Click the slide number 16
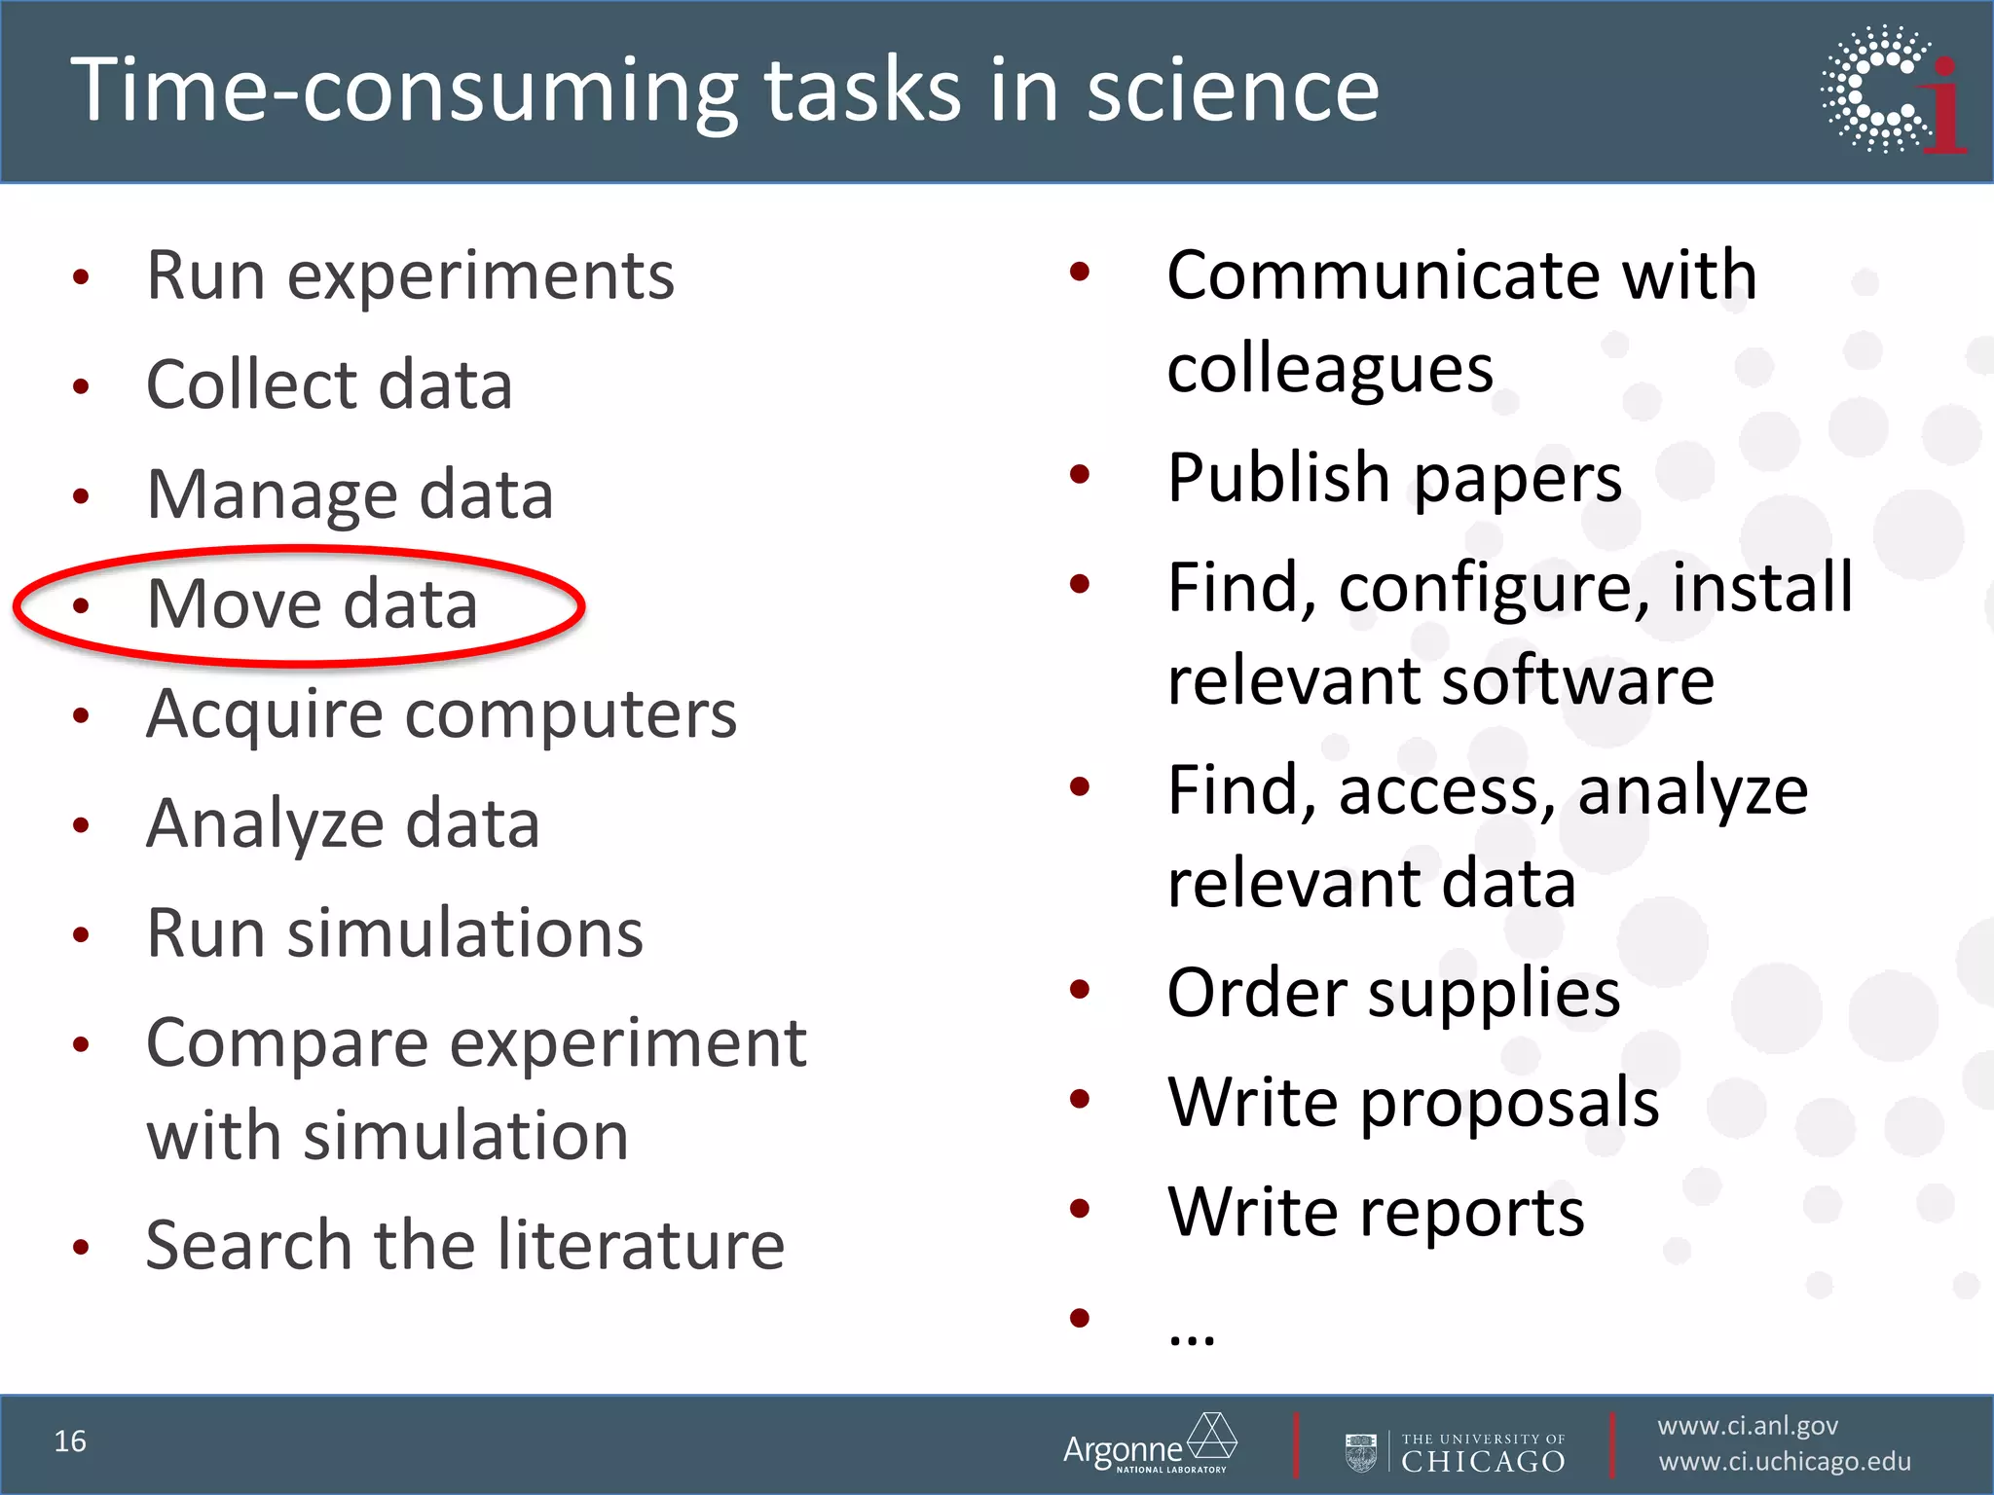pos(70,1440)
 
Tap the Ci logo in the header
pos(1893,90)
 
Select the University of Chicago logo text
pos(1482,1452)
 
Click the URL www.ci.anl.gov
pos(1748,1426)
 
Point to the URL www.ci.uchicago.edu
pos(1785,1462)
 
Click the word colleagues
pos(1330,370)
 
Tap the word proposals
pos(1509,1104)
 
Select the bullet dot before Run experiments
pos(82,277)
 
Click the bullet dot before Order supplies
pos(1079,990)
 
